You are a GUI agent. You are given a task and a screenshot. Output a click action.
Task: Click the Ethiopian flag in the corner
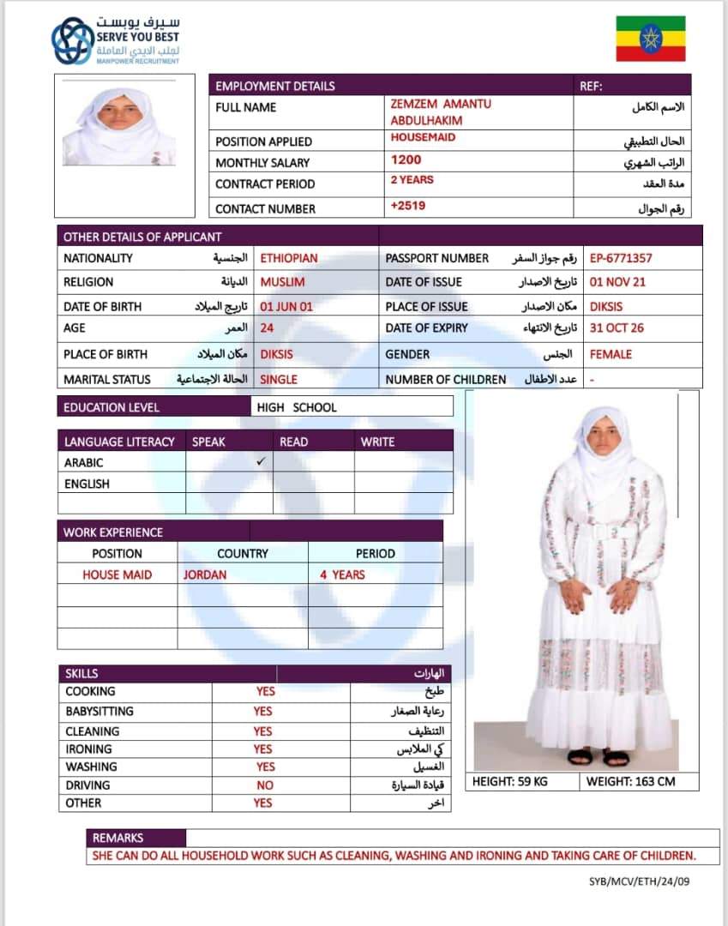point(651,39)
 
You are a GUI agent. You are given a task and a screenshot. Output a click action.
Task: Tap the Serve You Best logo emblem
point(73,40)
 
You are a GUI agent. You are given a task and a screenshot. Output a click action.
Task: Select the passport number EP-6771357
point(621,258)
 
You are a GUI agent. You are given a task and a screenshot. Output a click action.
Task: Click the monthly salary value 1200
point(406,159)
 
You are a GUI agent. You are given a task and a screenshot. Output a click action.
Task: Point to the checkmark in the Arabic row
point(262,461)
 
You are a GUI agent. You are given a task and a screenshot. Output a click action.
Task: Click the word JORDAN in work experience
point(205,574)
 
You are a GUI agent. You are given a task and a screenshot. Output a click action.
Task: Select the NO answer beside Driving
point(265,785)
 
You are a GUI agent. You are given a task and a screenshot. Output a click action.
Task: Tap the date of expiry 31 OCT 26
point(617,328)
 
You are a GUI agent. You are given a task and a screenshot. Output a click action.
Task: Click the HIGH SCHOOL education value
point(297,407)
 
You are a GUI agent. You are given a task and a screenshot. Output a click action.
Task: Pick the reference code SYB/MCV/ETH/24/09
point(639,881)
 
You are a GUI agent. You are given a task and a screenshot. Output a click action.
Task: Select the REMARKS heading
point(117,838)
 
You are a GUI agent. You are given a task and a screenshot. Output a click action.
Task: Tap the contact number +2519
point(407,206)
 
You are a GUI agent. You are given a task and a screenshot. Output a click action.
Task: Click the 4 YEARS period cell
point(342,574)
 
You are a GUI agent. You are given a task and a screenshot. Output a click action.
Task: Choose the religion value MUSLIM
point(282,282)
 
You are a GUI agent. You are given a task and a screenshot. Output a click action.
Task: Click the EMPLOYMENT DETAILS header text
point(274,86)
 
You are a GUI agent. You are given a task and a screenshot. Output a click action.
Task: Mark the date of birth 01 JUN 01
point(286,306)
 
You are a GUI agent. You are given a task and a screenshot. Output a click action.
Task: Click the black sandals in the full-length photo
point(598,756)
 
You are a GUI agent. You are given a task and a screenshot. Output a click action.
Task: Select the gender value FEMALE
point(611,354)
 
